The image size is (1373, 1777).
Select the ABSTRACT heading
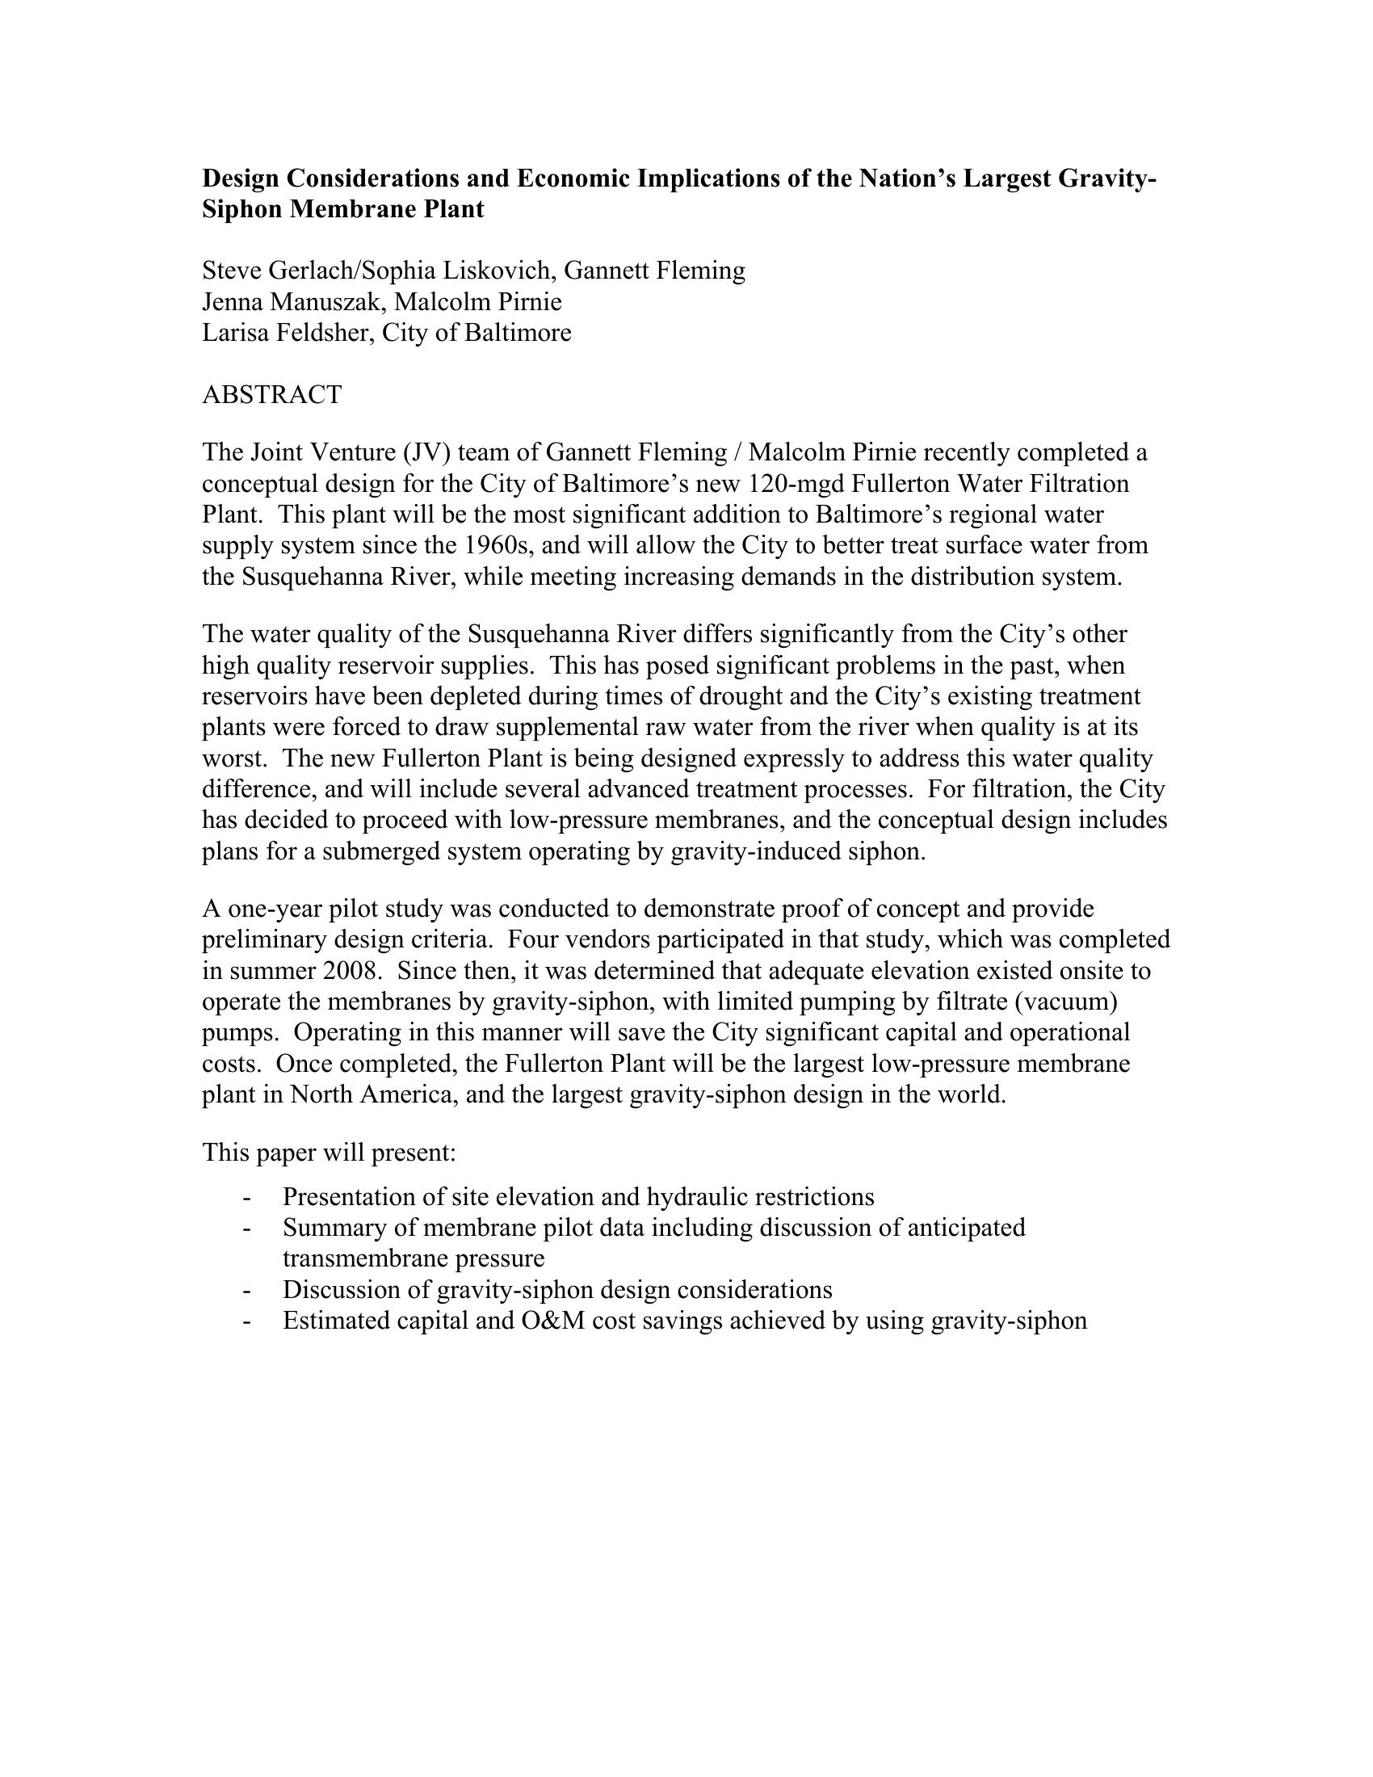(271, 395)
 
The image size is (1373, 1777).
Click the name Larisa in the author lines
(234, 333)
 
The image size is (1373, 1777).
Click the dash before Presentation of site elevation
(246, 1197)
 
